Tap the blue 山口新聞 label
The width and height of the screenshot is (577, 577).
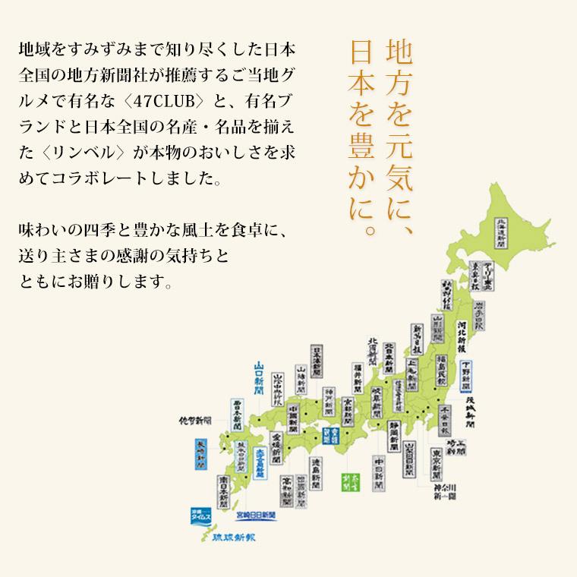pyautogui.click(x=260, y=386)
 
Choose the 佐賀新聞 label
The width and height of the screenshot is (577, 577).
pyautogui.click(x=195, y=420)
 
